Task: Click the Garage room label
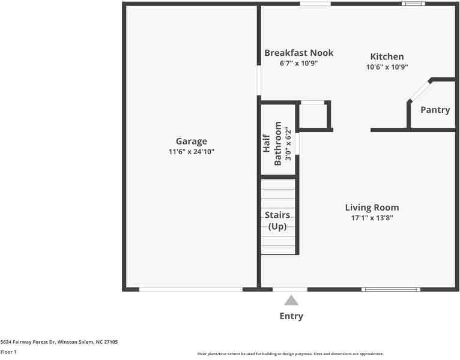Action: (x=192, y=142)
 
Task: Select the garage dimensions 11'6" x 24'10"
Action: (x=192, y=152)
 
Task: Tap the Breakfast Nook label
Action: (x=298, y=53)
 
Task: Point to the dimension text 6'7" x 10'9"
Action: (x=298, y=63)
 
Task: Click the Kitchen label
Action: (x=387, y=56)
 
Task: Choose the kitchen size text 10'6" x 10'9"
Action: (x=387, y=67)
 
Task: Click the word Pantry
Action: (x=435, y=110)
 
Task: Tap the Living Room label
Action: (x=372, y=208)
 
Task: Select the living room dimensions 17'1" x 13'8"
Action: (x=372, y=218)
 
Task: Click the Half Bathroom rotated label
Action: (x=273, y=143)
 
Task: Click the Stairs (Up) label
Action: (x=277, y=220)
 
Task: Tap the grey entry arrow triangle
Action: (x=291, y=301)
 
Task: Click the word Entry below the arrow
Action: (x=291, y=316)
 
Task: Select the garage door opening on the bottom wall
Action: (x=191, y=290)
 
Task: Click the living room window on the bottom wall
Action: (x=391, y=290)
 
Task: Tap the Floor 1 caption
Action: (x=8, y=352)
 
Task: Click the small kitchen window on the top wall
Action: (x=413, y=4)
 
